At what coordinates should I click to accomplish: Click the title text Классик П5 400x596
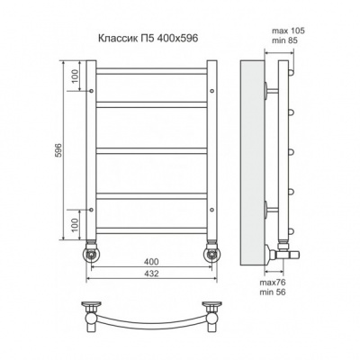pyautogui.click(x=148, y=39)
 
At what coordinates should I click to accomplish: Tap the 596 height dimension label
pyautogui.click(x=58, y=150)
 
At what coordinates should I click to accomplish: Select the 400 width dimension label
pyautogui.click(x=151, y=262)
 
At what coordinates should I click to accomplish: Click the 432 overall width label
pyautogui.click(x=151, y=274)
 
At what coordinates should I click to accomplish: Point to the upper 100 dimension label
pyautogui.click(x=75, y=76)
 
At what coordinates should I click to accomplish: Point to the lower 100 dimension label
pyautogui.click(x=75, y=225)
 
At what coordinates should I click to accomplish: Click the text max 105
pyautogui.click(x=288, y=31)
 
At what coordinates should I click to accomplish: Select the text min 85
pyautogui.click(x=284, y=40)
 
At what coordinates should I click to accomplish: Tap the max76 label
pyautogui.click(x=273, y=283)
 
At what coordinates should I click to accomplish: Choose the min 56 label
pyautogui.click(x=273, y=292)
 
